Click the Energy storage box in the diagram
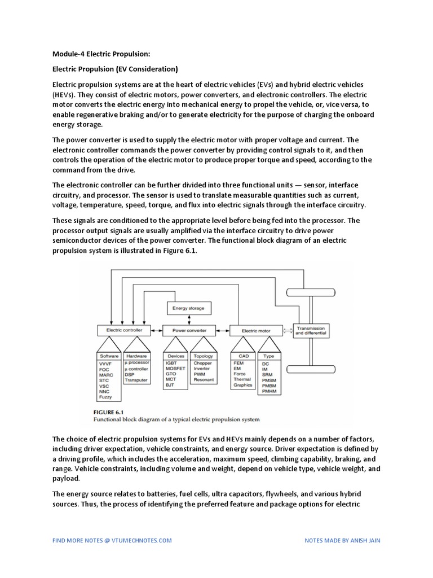coord(189,308)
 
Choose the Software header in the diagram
coord(109,356)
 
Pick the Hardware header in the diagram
coord(136,356)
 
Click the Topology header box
coord(203,356)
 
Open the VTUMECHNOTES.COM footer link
coord(112,540)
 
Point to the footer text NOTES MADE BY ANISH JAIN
coord(342,540)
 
